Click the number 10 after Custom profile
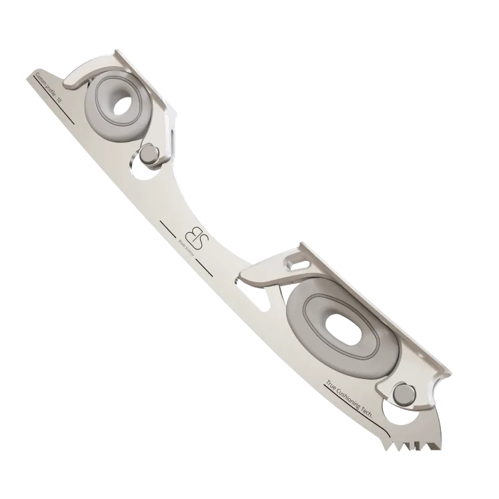point(59,99)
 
